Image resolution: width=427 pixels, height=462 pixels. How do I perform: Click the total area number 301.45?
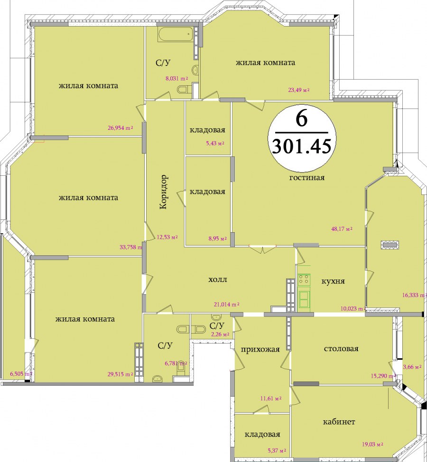301,146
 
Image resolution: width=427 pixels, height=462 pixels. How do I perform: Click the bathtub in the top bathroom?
176,34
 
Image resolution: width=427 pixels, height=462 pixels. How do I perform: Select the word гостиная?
307,178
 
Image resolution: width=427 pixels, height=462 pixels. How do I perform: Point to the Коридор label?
163,192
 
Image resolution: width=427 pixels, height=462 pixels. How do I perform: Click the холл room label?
218,279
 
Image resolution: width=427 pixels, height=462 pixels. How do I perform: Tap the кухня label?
333,281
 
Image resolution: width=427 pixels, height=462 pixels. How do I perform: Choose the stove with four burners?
304,280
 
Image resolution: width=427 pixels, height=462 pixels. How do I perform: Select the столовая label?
341,349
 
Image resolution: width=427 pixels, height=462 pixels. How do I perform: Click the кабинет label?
339,422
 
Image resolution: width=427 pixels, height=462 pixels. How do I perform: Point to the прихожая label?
260,350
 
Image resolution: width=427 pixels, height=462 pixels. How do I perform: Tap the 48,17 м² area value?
342,229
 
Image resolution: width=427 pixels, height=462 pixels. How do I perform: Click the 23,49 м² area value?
298,90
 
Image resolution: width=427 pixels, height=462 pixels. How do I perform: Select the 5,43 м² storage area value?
215,144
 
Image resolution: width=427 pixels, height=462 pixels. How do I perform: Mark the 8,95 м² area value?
217,239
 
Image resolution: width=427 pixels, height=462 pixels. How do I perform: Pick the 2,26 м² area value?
220,335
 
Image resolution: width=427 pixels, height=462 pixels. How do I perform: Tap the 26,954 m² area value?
121,128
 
